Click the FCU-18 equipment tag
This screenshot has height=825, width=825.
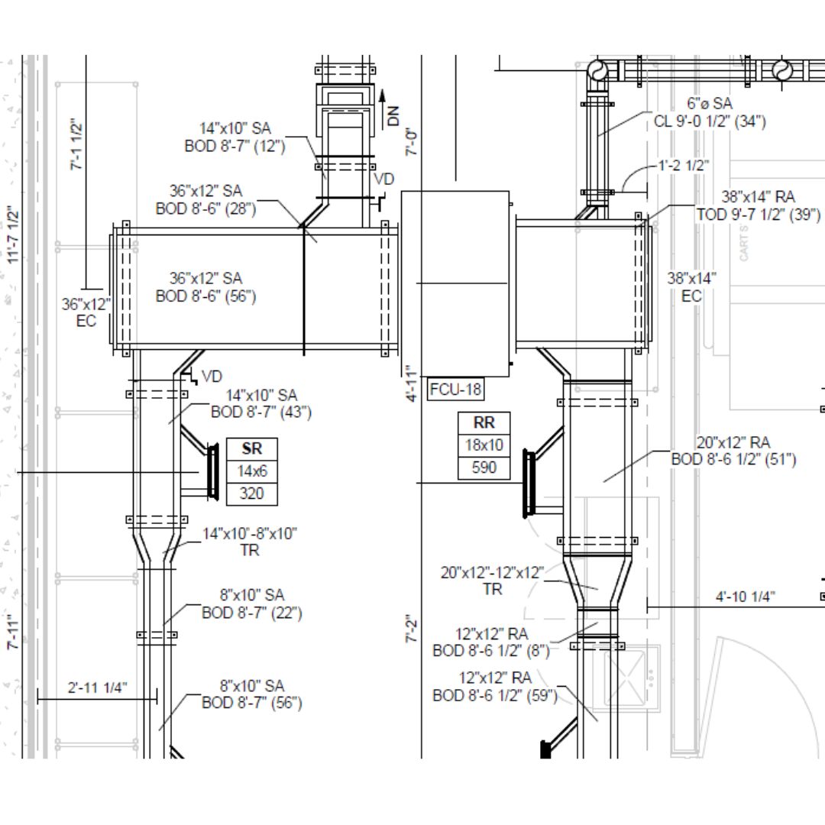tap(456, 389)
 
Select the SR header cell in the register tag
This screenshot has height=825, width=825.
tap(252, 449)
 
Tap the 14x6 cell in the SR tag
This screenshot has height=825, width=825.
tap(252, 471)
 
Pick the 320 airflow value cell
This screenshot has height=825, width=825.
tap(252, 493)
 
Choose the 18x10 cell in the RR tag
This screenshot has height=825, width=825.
tap(484, 445)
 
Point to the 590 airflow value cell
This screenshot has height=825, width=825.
tap(484, 467)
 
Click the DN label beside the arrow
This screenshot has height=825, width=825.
tap(393, 115)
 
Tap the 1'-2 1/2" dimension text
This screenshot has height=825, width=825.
tap(683, 165)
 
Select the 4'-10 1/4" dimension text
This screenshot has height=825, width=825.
tap(746, 596)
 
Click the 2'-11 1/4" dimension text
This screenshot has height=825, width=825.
tap(97, 687)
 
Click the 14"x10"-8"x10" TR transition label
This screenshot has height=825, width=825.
tap(250, 542)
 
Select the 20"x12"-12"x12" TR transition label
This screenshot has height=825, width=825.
tap(493, 581)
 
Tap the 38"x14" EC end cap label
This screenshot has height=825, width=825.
tap(691, 286)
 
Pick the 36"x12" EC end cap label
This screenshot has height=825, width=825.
tap(86, 312)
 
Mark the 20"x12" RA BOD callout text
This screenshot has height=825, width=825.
tap(733, 451)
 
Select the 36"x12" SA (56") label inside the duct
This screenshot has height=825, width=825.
tap(205, 287)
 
